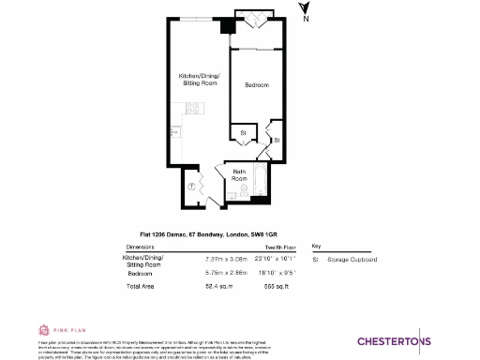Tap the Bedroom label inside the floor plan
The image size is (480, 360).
256,85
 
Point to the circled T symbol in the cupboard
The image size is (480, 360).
192,185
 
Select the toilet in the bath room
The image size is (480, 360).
243,191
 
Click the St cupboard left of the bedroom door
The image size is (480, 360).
242,133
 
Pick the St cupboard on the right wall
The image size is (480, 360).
276,139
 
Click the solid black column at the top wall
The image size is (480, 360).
226,26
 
